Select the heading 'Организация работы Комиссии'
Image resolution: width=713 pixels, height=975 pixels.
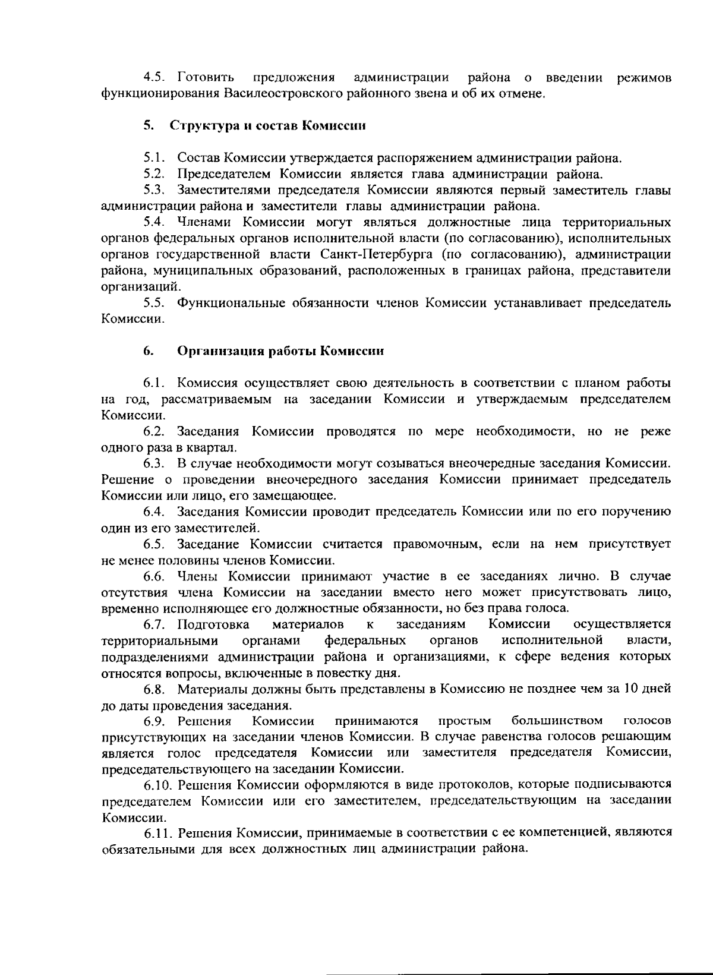(280, 351)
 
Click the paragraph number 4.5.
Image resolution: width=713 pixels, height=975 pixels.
(156, 78)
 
